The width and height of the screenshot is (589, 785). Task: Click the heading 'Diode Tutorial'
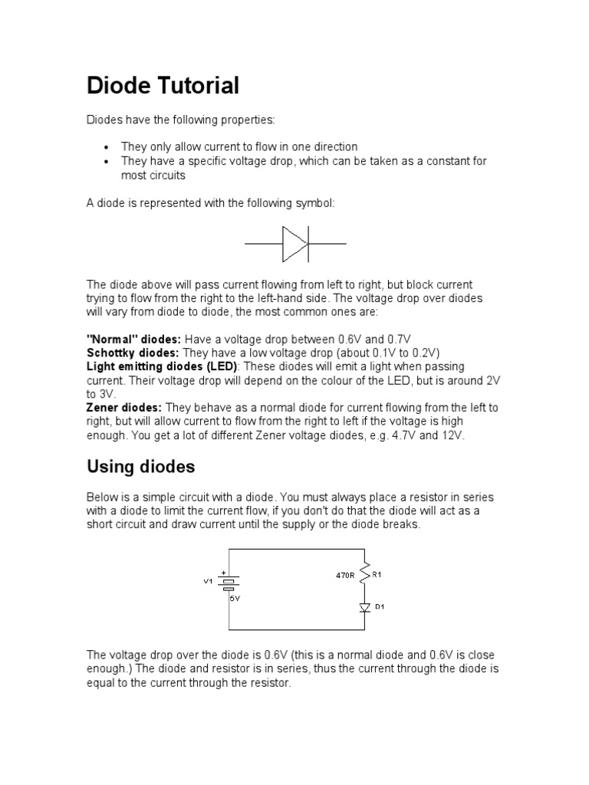click(163, 85)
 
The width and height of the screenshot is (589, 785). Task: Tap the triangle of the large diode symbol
click(294, 244)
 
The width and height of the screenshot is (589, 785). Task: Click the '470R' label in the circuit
click(346, 573)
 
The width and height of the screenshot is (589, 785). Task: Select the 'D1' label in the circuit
click(379, 607)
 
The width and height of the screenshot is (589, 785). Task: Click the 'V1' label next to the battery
click(207, 581)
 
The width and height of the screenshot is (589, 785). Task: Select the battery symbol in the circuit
click(228, 583)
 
